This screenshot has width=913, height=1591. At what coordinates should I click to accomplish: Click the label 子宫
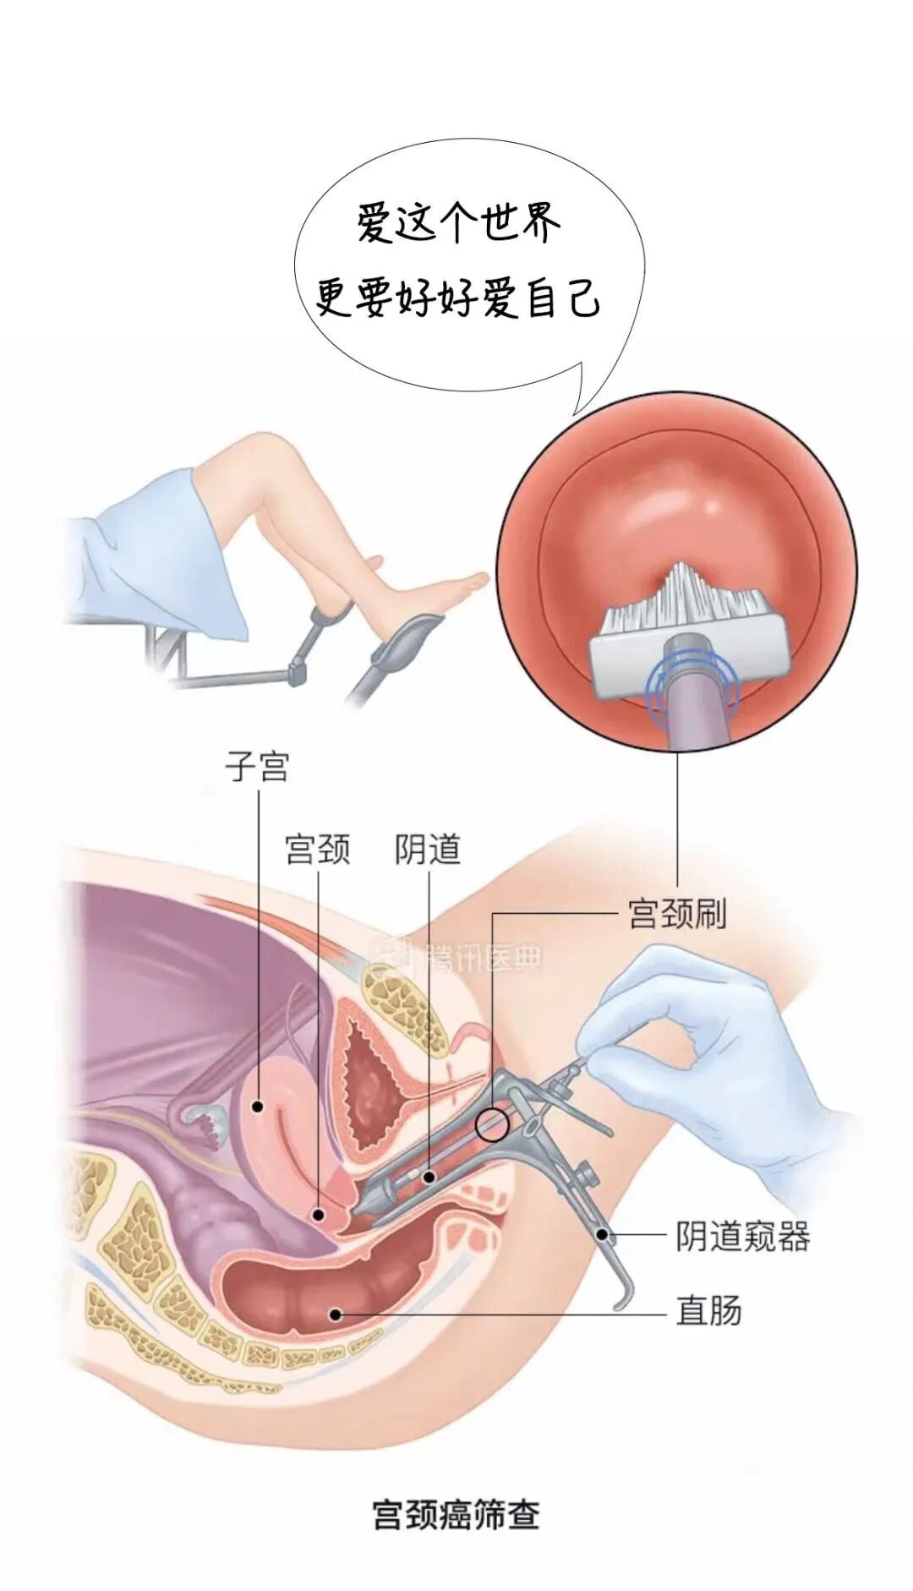click(x=257, y=767)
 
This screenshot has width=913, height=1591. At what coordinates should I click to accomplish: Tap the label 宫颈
click(x=317, y=849)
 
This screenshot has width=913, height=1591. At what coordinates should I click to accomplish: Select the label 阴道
click(x=428, y=849)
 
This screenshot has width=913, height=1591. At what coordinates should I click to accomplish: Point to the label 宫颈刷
click(x=677, y=914)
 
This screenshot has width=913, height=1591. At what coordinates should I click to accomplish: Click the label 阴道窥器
click(x=742, y=1236)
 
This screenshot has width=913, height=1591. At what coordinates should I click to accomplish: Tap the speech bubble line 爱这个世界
click(x=457, y=225)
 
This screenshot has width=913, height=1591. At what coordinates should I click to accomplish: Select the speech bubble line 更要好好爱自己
click(x=457, y=298)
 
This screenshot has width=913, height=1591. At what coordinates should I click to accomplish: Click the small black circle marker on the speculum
click(x=492, y=1124)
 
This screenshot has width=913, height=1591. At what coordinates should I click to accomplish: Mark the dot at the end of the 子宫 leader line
click(x=257, y=1105)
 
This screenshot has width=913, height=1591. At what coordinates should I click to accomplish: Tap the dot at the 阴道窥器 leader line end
click(x=603, y=1234)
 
